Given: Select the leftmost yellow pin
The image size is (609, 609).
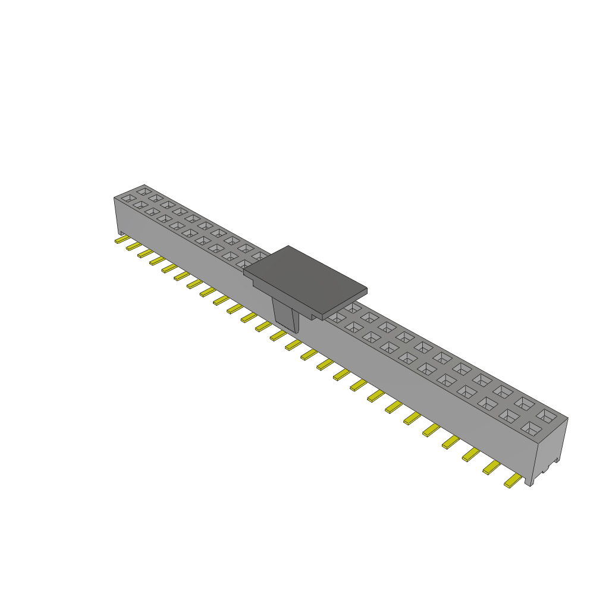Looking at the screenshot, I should coord(121,240).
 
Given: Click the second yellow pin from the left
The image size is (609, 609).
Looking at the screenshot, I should coord(133,246).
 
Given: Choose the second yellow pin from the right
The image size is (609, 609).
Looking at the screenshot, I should coord(491,468).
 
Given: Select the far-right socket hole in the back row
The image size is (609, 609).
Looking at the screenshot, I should coord(547,414).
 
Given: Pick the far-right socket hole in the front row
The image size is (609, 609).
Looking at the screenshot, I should coord(530,428).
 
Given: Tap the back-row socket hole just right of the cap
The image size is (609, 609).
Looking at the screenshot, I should coord(353,307).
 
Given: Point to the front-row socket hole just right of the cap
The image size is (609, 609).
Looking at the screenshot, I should coord(337,318).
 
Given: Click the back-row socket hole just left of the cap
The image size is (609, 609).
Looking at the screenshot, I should coord(260,256).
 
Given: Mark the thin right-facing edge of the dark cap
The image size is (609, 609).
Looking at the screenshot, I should coord(346,304).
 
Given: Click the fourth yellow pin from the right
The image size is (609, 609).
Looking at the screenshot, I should coord(450,442).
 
